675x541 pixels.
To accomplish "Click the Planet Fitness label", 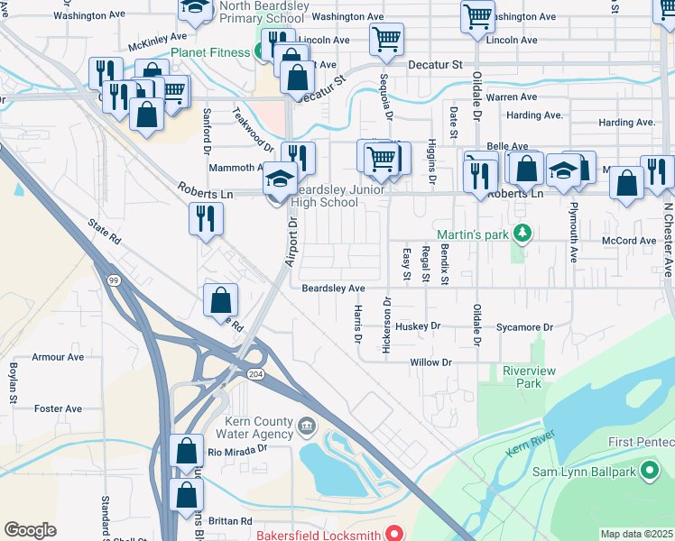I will click(x=210, y=52).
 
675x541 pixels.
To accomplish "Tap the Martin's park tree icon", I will click(x=521, y=234).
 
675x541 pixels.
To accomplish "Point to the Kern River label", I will click(x=531, y=444).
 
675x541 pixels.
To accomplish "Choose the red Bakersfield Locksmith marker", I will click(x=393, y=534).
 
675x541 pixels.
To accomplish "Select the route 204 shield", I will click(x=257, y=374).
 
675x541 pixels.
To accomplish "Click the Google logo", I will click(x=31, y=530).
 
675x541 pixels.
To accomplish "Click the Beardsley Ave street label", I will click(x=333, y=289).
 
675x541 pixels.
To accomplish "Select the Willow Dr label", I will click(x=430, y=362).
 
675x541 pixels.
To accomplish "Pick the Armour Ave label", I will click(x=58, y=357).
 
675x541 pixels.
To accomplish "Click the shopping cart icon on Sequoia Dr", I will click(x=386, y=39).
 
